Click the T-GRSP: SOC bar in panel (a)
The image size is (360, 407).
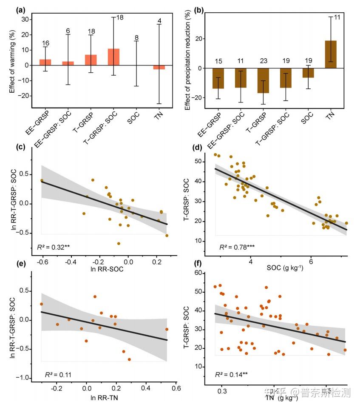click(113, 57)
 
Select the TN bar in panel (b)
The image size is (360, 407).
click(331, 54)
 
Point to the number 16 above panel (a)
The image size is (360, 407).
click(45, 43)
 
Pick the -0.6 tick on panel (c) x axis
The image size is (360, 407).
click(41, 262)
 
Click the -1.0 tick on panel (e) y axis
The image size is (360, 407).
click(25, 378)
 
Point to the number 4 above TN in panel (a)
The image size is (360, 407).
click(159, 20)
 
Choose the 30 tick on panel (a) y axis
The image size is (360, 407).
click(24, 20)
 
